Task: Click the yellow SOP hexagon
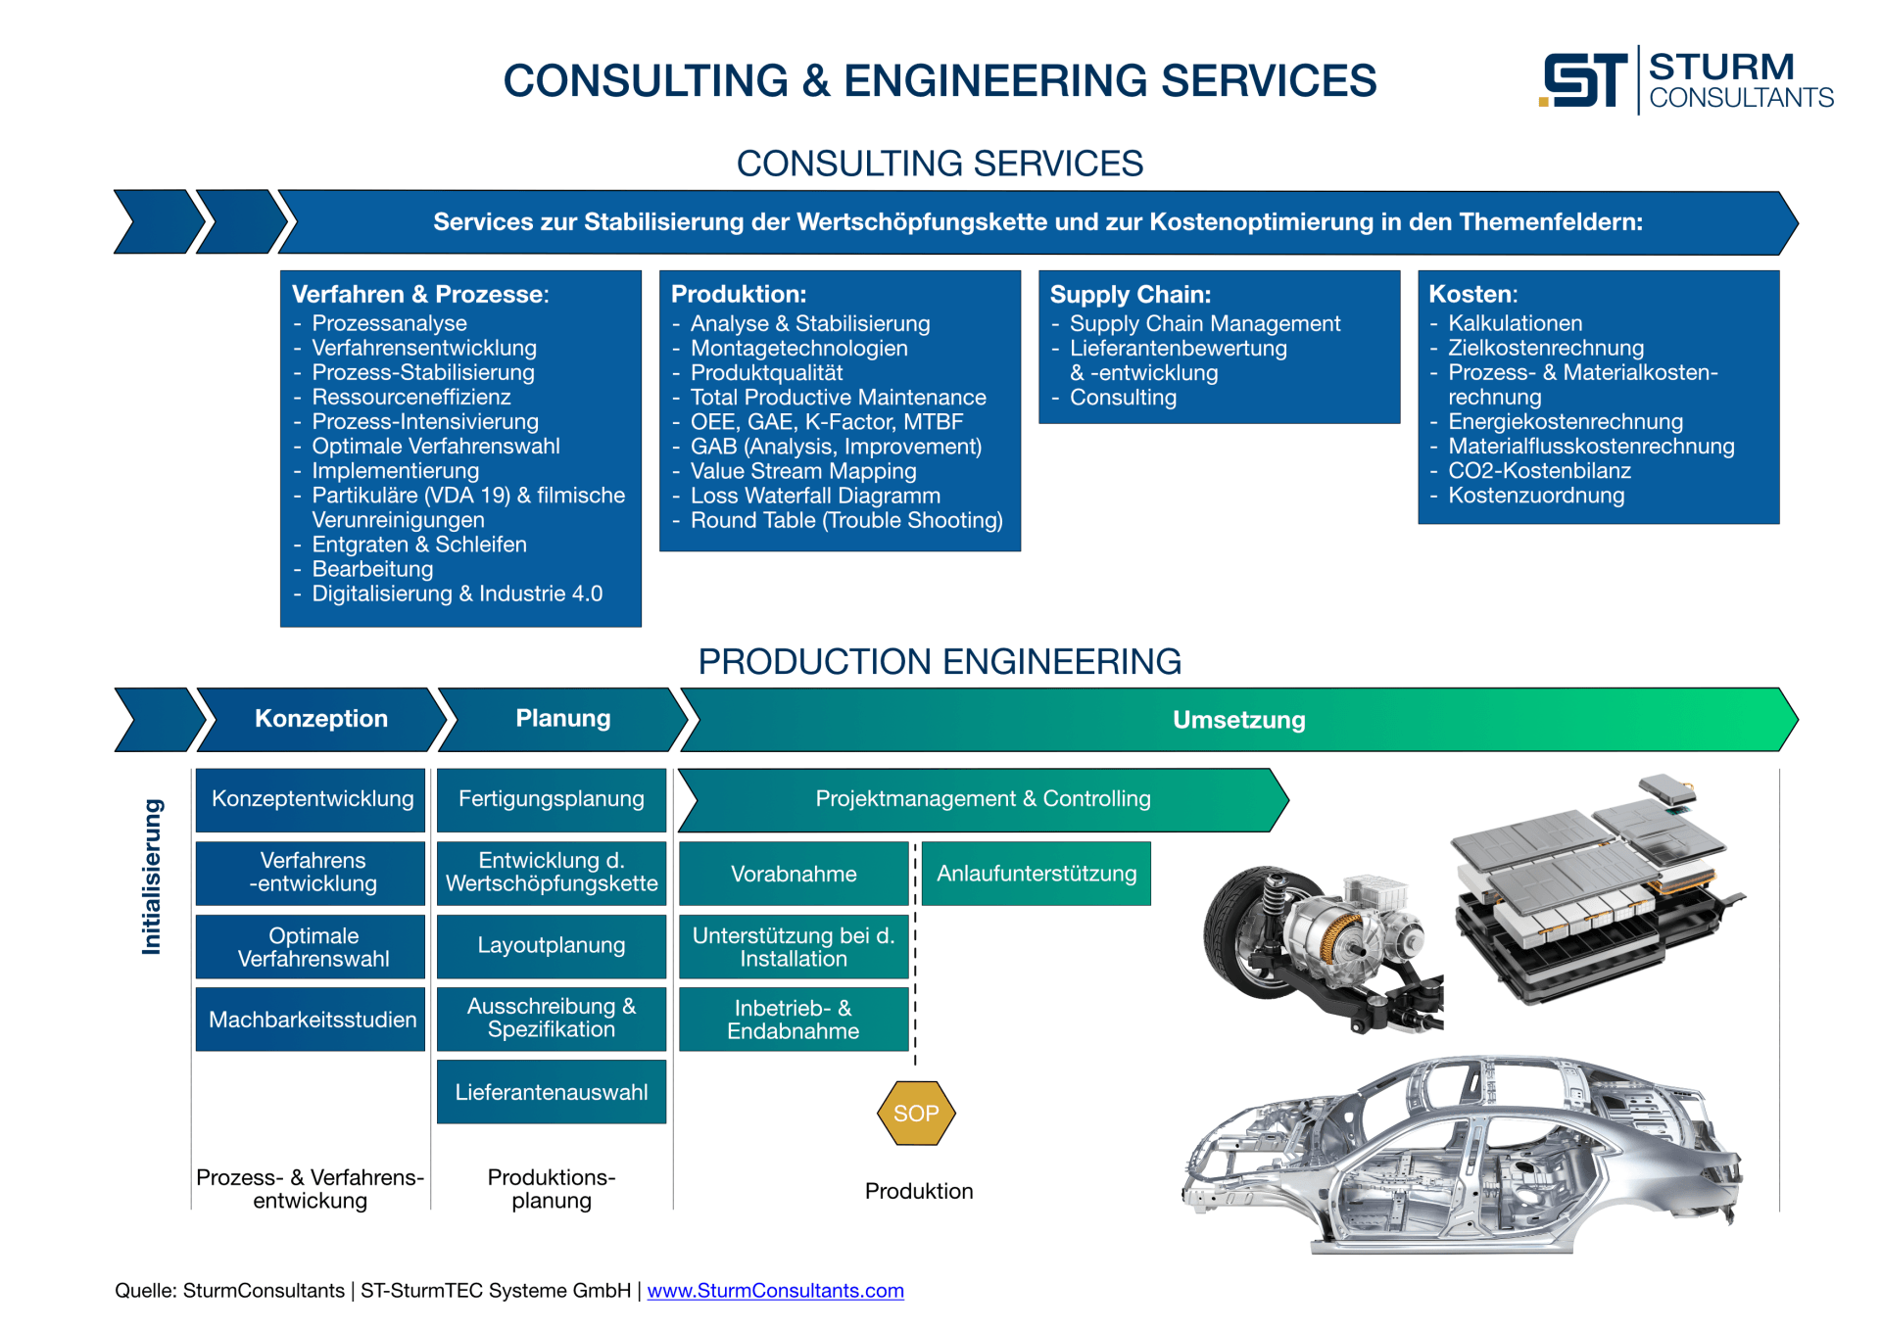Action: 916,1114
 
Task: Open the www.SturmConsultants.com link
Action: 775,1291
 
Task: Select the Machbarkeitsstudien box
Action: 312,1020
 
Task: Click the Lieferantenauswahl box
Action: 551,1092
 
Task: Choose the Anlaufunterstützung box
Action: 1036,874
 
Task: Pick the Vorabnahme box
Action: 794,874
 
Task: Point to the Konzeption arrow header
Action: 320,719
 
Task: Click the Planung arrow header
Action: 562,719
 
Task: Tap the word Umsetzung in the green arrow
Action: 1238,720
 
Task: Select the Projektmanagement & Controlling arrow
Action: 983,799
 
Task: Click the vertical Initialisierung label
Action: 151,876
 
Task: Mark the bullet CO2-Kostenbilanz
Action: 1539,471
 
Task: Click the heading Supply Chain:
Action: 1130,295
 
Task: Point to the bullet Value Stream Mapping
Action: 802,471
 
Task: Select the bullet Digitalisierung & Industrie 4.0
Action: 457,594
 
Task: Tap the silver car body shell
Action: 1460,1156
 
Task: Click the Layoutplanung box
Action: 551,946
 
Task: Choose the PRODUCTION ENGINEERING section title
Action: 939,662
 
